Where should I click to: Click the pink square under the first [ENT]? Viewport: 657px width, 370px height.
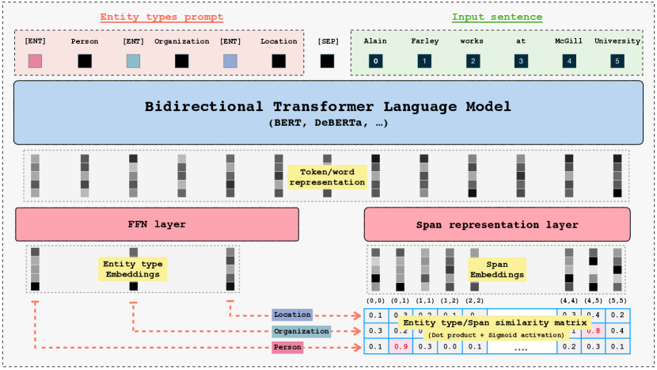35,61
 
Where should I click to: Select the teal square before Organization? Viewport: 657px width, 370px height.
133,61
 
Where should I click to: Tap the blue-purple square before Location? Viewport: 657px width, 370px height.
230,61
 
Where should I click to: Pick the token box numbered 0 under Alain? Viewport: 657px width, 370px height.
376,60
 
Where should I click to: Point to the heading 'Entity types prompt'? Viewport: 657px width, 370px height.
161,17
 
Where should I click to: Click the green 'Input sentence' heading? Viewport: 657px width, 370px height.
496,17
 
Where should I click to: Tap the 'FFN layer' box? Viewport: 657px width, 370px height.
157,224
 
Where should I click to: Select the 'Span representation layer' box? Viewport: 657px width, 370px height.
497,224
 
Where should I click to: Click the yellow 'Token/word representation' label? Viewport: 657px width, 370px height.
327,177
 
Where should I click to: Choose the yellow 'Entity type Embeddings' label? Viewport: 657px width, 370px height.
131,269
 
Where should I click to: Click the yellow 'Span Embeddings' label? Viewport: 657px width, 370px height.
497,269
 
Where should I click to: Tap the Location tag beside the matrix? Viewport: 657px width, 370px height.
292,315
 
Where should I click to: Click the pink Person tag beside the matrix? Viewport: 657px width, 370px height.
287,347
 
